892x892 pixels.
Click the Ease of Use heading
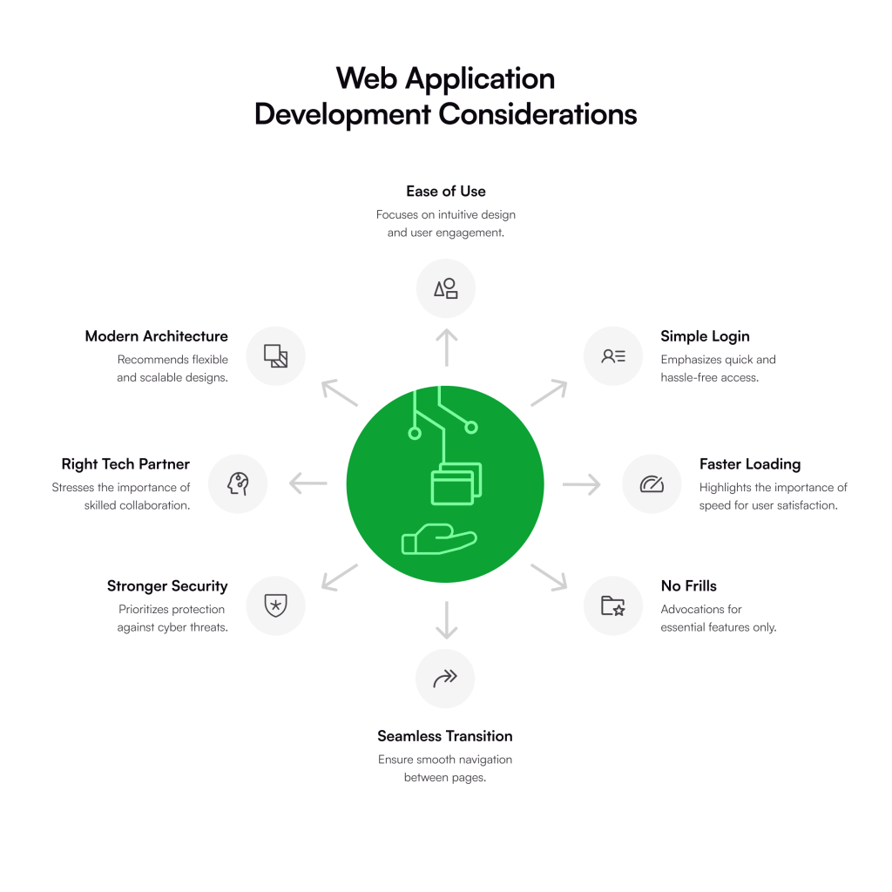(445, 191)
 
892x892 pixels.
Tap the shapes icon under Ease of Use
(445, 288)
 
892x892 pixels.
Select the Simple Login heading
(705, 336)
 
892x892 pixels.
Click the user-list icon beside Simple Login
(613, 355)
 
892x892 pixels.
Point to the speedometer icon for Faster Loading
(652, 484)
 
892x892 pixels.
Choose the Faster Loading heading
(749, 464)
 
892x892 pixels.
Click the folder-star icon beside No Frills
(613, 605)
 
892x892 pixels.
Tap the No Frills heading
(688, 586)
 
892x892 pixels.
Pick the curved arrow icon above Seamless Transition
(445, 678)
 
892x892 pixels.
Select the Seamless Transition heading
(445, 736)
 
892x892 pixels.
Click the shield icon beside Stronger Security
(275, 605)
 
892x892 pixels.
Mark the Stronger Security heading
(167, 586)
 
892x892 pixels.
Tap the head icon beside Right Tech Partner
(238, 483)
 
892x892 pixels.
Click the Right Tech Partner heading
(125, 464)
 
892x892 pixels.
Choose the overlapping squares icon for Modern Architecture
(275, 355)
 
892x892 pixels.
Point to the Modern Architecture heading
(157, 336)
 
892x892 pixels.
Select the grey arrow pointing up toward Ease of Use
(446, 347)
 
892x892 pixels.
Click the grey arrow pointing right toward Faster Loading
(582, 483)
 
